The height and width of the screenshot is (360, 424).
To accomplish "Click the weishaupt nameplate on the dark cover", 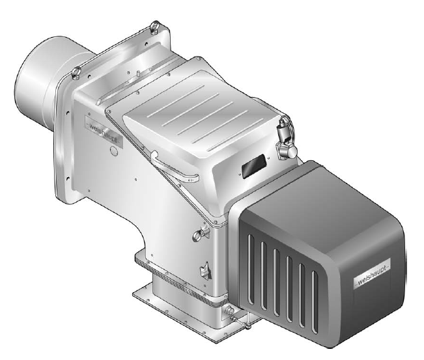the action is (x=372, y=274).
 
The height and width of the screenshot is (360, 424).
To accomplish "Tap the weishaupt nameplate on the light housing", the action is (x=104, y=132).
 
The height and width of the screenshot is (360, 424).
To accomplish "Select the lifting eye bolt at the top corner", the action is (x=156, y=27).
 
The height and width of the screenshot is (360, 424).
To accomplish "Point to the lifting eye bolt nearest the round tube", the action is (x=76, y=73).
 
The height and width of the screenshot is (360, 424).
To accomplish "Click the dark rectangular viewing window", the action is (x=254, y=166).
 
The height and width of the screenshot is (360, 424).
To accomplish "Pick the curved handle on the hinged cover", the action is (x=173, y=168).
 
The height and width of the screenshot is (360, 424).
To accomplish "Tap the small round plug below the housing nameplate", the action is (x=114, y=151).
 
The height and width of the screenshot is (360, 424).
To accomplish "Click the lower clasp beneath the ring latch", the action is (x=206, y=271).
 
